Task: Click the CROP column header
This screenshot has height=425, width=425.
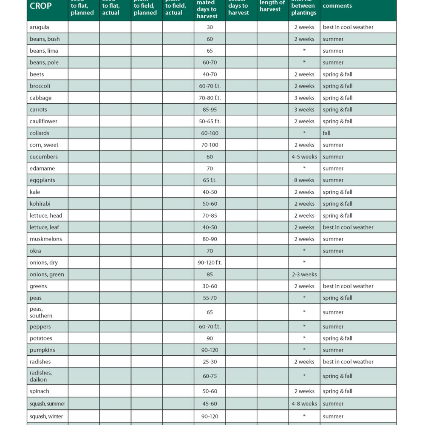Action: (41, 6)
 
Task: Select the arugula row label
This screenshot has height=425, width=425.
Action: (39, 27)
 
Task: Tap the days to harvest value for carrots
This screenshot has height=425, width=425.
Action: (210, 110)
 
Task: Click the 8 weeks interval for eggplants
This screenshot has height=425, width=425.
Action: (304, 180)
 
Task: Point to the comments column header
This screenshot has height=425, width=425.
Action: (337, 6)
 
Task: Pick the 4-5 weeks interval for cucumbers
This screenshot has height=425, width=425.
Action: (304, 157)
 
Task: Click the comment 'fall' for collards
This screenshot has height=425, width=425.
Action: (326, 133)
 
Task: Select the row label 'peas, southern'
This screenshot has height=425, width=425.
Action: (41, 312)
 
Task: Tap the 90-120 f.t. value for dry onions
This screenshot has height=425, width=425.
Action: (210, 263)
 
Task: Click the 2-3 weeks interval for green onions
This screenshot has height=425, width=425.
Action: (304, 275)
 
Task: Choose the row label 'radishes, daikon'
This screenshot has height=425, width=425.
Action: (41, 376)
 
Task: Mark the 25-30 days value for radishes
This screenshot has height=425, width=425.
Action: (210, 362)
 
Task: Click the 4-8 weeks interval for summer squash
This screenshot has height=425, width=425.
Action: (304, 404)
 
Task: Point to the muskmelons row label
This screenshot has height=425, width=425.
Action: (45, 239)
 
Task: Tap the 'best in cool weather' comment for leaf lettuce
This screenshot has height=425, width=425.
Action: (348, 227)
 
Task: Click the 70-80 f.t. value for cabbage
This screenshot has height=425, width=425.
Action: (210, 98)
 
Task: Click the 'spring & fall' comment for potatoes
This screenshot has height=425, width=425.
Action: (337, 338)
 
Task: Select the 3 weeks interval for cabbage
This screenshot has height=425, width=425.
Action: (304, 98)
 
